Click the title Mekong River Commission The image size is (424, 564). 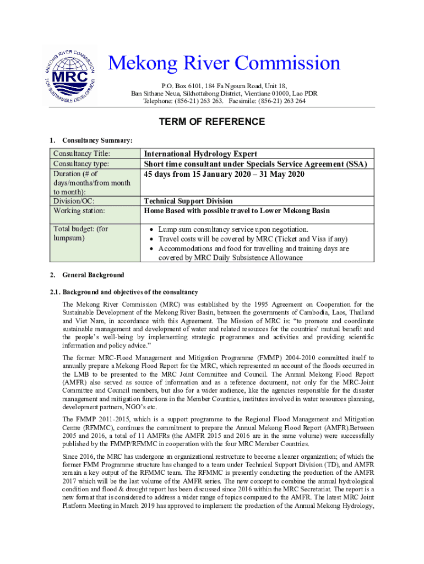pyautogui.click(x=224, y=63)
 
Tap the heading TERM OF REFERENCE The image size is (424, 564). pyautogui.click(x=212, y=122)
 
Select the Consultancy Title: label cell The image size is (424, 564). pyautogui.click(x=81, y=154)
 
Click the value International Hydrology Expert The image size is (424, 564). pyautogui.click(x=200, y=154)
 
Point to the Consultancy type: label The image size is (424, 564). pyautogui.click(x=80, y=164)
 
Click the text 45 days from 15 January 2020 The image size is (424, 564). pyautogui.click(x=224, y=174)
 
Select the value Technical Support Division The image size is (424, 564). pyautogui.click(x=188, y=201)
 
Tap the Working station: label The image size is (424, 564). pyautogui.click(x=79, y=210)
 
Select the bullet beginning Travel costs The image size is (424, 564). pyautogui.click(x=253, y=239)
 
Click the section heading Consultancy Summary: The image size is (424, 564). pyautogui.click(x=97, y=140)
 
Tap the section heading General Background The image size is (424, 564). pyautogui.click(x=93, y=275)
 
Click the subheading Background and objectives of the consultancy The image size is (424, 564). pyautogui.click(x=130, y=292)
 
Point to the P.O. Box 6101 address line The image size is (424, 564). pyautogui.click(x=224, y=86)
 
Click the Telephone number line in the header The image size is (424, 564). pyautogui.click(x=224, y=101)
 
